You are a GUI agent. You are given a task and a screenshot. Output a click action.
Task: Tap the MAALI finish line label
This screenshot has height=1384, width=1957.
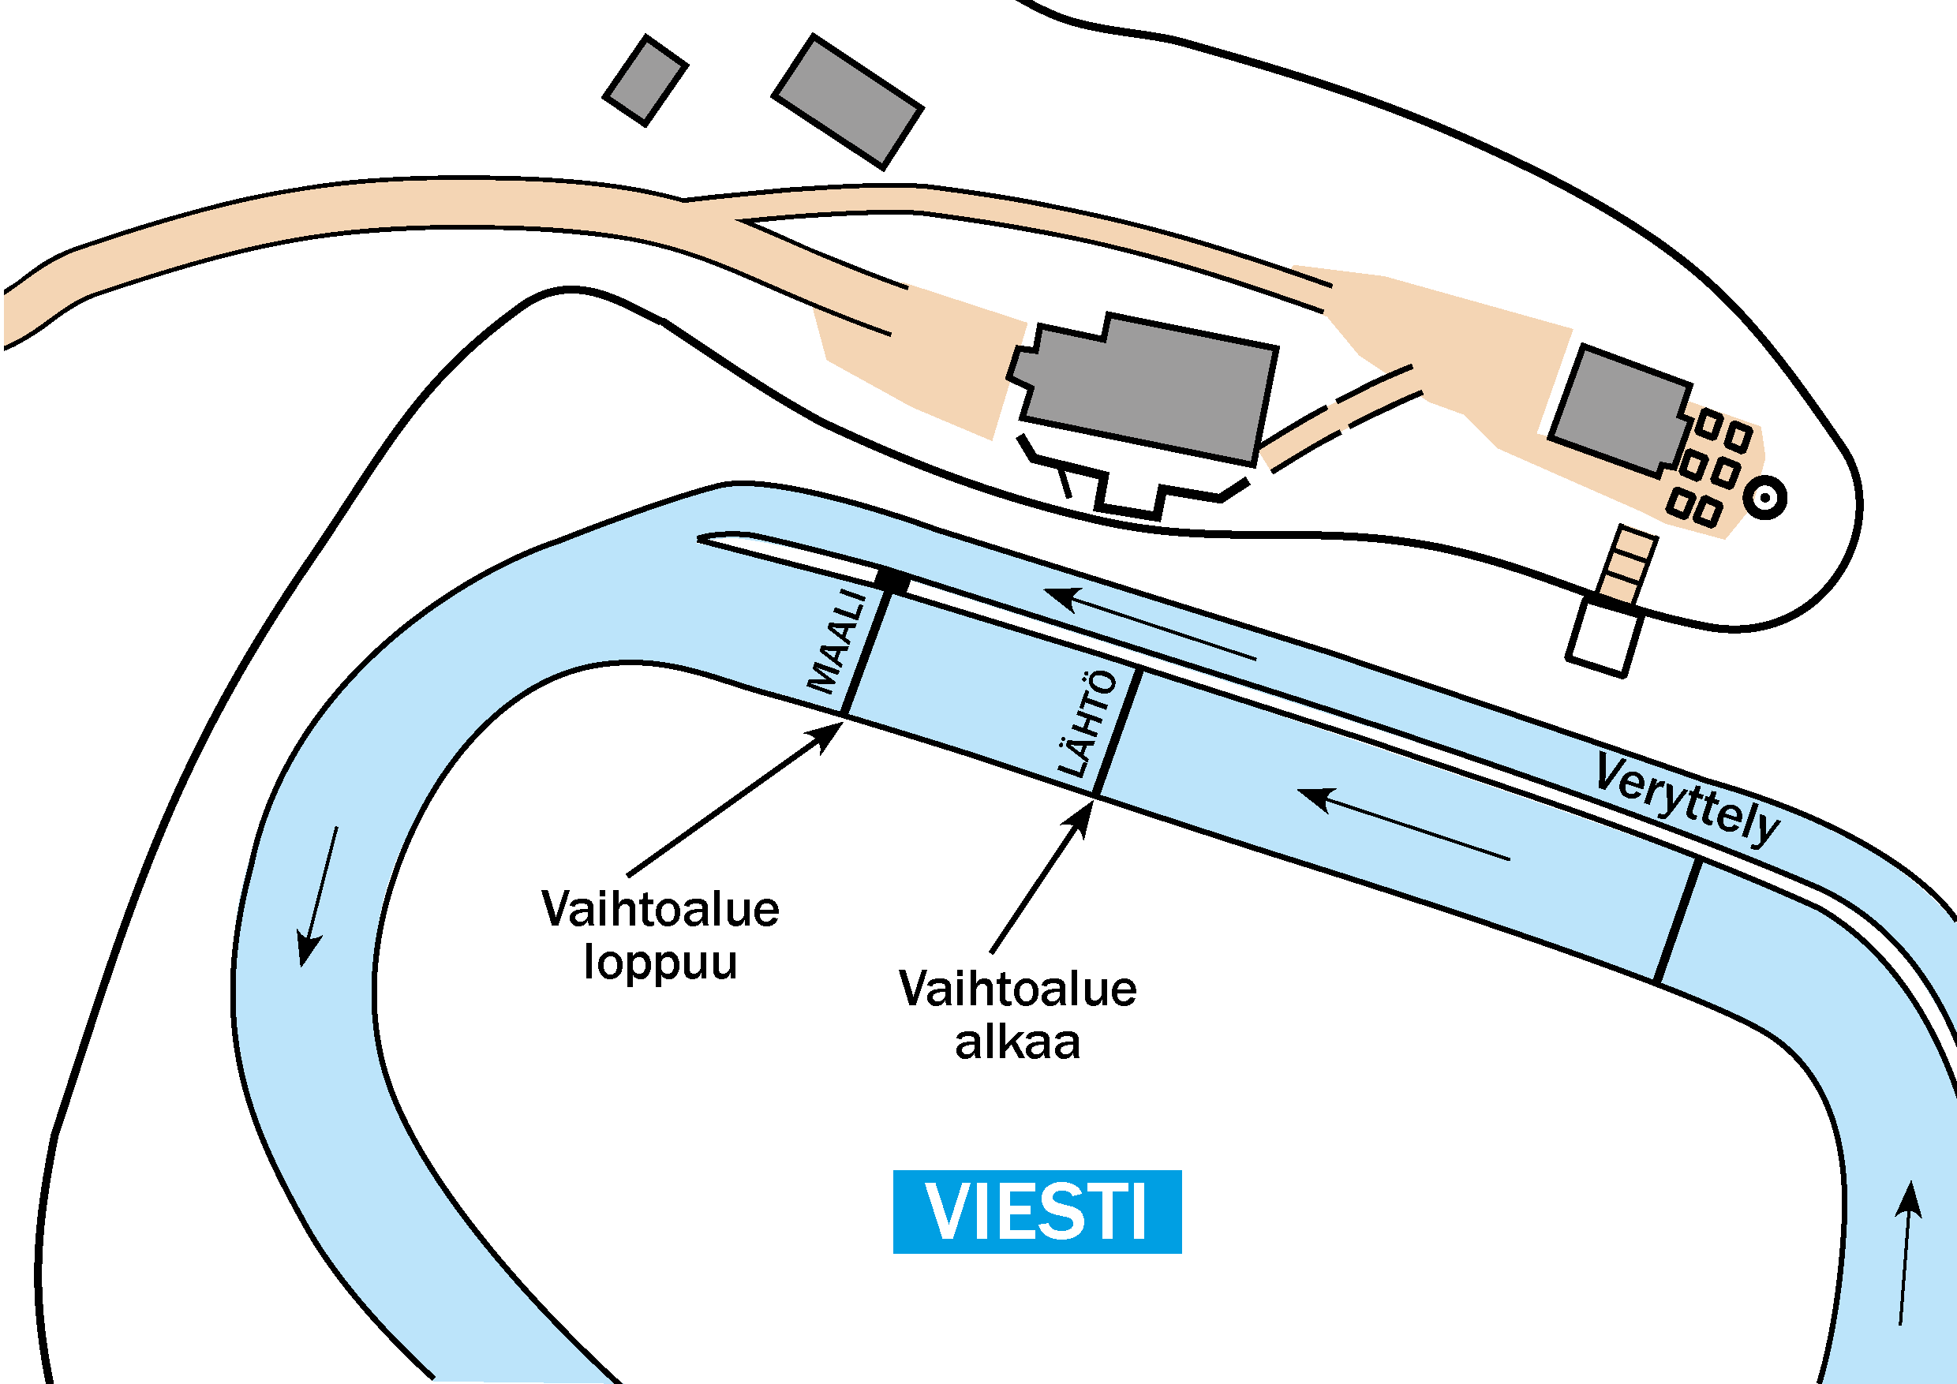[x=839, y=642]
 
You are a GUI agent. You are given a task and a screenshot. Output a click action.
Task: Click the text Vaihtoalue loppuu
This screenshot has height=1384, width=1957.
[x=660, y=935]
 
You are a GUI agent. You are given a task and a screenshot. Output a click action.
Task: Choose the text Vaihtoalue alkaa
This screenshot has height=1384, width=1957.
[x=1018, y=1015]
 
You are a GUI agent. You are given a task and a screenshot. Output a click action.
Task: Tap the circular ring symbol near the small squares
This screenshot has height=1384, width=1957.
[x=1764, y=497]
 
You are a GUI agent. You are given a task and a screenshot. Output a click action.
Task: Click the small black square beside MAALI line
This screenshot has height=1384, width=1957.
[x=892, y=582]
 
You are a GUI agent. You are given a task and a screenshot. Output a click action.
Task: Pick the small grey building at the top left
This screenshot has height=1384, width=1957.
[x=645, y=81]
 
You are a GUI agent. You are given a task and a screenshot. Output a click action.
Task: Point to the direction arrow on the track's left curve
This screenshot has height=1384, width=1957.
[x=318, y=896]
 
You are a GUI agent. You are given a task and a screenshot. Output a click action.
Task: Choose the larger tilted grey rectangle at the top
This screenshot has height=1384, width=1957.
[x=848, y=103]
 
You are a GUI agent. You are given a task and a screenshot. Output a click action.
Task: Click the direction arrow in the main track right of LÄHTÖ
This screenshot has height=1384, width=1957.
[x=1403, y=824]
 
